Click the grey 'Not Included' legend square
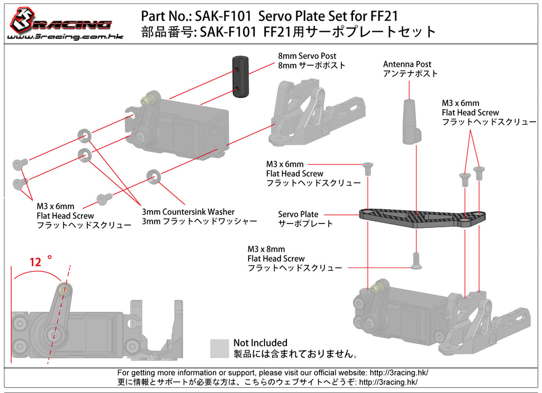coord(219,349)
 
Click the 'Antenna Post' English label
coord(407,65)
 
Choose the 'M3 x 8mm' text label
coord(266,249)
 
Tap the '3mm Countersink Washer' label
coord(188,212)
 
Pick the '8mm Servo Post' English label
coord(307,56)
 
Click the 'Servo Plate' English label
coord(298,215)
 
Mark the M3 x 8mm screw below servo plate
coord(417,260)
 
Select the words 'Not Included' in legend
coord(260,343)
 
